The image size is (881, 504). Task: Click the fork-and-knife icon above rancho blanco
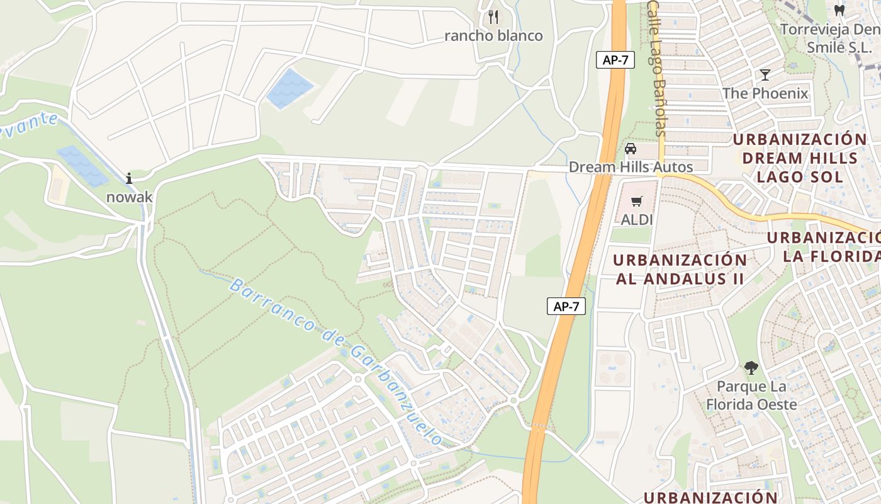tap(493, 16)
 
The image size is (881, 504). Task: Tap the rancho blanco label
tap(493, 36)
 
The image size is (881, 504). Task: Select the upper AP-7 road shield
tap(614, 60)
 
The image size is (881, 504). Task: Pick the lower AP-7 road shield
tap(566, 307)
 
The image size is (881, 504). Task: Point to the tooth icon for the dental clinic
tap(839, 10)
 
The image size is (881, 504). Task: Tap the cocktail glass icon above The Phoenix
tap(765, 75)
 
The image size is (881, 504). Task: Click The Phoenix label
tap(765, 94)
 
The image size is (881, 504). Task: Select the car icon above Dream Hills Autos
tap(631, 149)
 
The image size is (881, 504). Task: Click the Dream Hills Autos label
tap(631, 167)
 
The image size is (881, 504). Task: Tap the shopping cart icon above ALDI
tap(637, 202)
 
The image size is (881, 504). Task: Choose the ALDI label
tap(637, 220)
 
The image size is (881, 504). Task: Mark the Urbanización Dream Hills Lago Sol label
tap(800, 157)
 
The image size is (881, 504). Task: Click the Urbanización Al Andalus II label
tap(680, 269)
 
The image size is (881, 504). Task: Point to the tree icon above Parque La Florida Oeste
tap(751, 368)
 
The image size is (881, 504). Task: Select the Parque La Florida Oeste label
tap(751, 395)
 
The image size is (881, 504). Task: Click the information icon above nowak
tap(129, 178)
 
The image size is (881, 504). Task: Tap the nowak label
tap(129, 197)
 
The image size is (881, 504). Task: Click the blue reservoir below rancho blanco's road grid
tap(289, 89)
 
